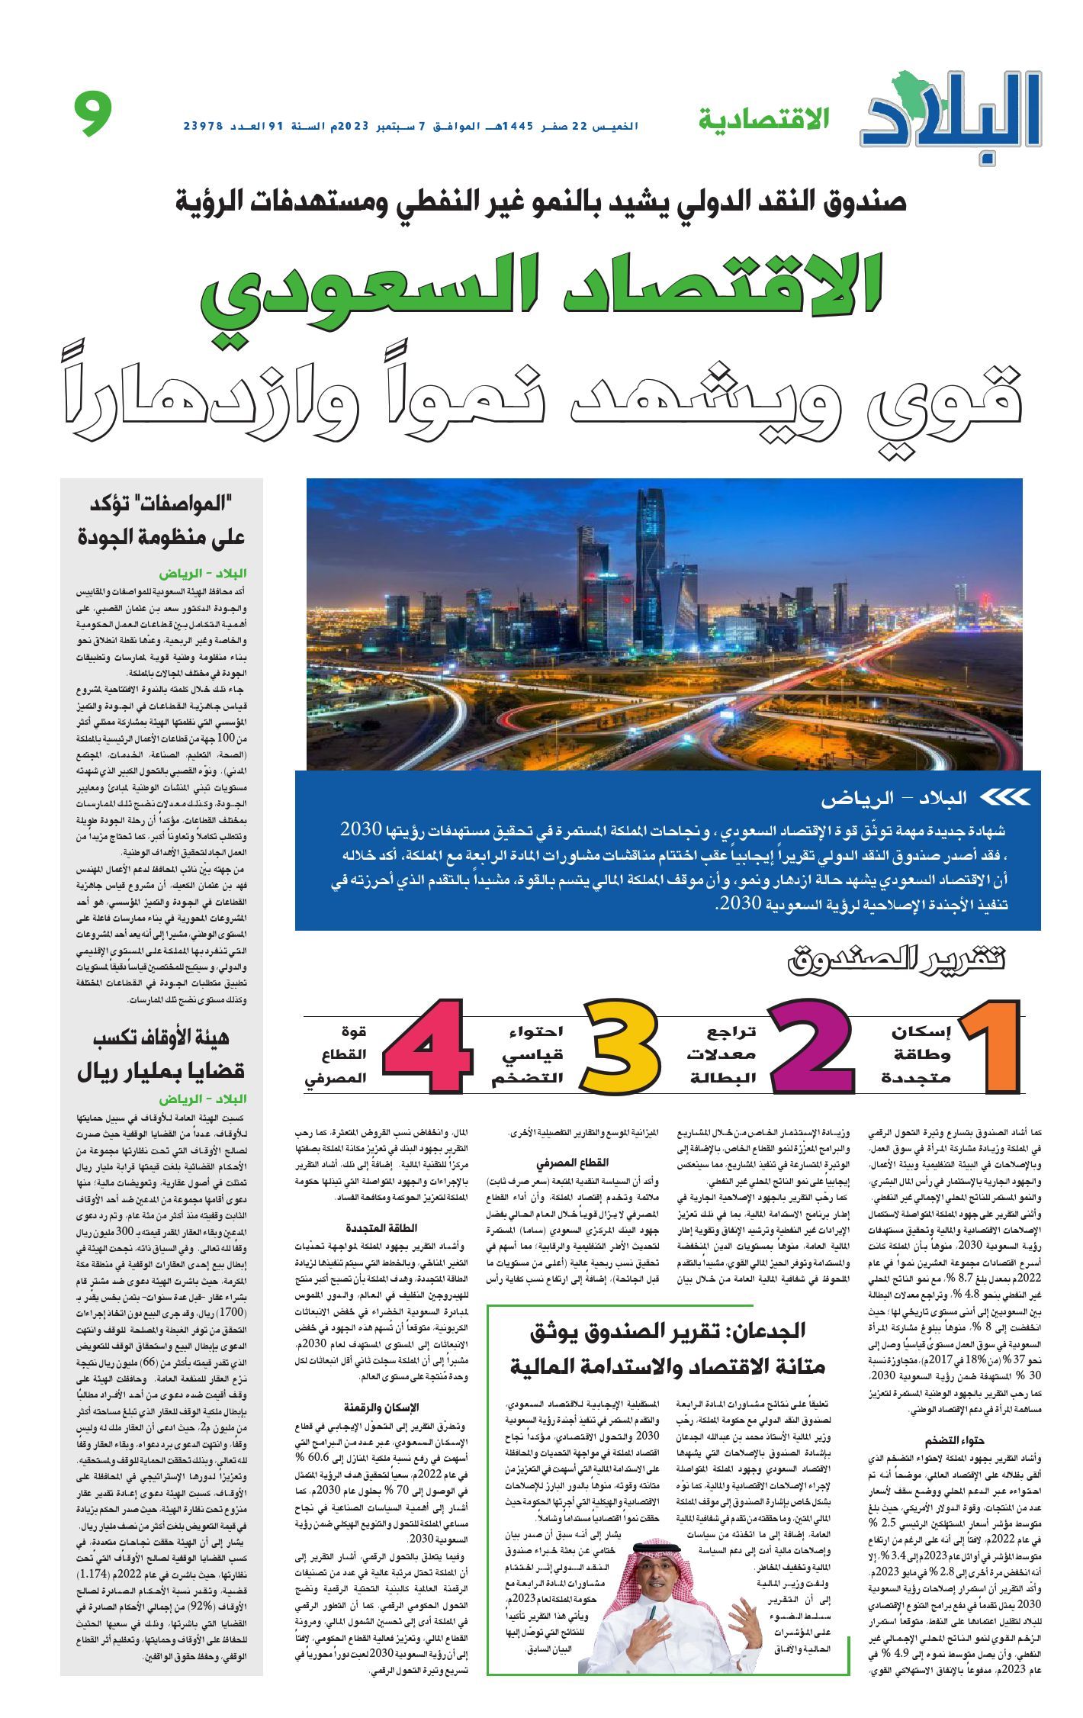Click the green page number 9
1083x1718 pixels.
[x=94, y=114]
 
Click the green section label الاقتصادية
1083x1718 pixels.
[x=763, y=118]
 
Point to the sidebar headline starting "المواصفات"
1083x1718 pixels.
[x=162, y=517]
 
